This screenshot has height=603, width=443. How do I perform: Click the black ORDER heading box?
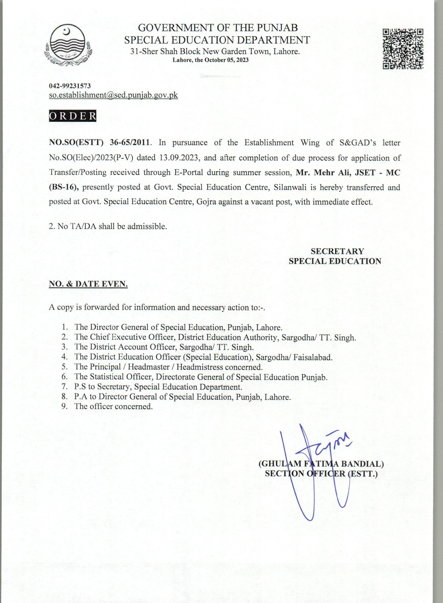coord(72,116)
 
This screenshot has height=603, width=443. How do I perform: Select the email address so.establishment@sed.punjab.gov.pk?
coord(113,95)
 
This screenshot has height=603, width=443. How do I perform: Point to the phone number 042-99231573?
coord(70,86)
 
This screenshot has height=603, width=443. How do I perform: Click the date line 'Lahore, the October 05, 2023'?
coord(211,60)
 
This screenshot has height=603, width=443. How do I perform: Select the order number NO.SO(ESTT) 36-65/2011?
coord(99,142)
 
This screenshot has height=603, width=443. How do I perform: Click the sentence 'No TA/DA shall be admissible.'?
coord(108,226)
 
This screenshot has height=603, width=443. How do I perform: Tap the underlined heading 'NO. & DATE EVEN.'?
coord(88,284)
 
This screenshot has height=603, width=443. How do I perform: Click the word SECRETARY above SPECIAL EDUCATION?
coord(337,251)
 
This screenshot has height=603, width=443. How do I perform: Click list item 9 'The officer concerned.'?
coord(113,406)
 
